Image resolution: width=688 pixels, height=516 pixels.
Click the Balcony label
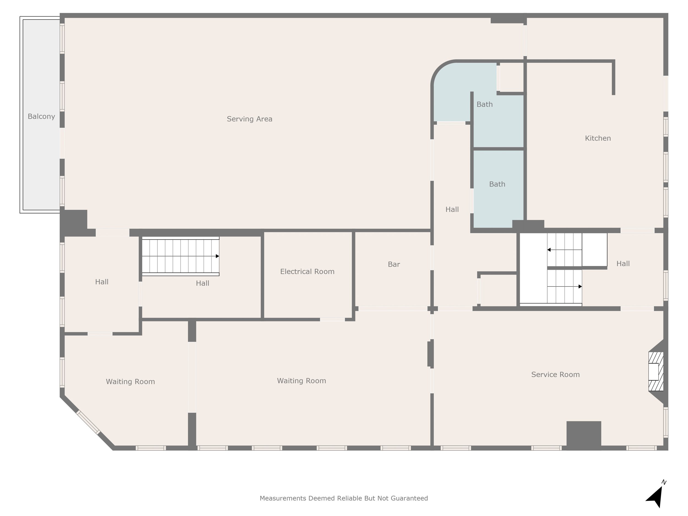coord(41,116)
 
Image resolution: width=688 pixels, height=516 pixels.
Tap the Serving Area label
coord(249,119)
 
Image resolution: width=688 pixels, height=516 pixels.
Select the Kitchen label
coord(598,138)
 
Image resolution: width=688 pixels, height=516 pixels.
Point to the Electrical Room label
coord(307,272)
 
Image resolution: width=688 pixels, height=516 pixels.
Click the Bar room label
coord(394,264)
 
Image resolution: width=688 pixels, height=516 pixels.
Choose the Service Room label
coord(556,375)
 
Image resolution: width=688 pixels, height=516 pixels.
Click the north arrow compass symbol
coord(656,494)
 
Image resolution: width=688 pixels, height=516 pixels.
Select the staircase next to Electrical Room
coord(181,256)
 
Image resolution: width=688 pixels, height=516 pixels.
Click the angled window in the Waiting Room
coord(88,422)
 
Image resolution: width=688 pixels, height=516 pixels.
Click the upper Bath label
coord(485,104)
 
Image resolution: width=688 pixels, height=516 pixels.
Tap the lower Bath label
coord(497,184)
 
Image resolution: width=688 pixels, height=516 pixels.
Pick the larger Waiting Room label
coord(301,381)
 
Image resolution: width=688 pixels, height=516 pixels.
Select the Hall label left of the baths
coord(452,209)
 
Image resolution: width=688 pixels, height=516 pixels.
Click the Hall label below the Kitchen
coord(623,263)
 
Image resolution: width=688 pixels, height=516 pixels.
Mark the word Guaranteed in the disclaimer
coord(409,498)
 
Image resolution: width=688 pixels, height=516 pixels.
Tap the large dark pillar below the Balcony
coord(74,223)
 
